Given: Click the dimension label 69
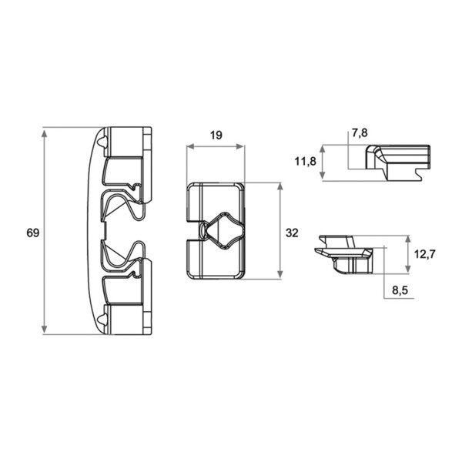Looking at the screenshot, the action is [x=32, y=233].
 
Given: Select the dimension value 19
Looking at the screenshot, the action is [x=216, y=136].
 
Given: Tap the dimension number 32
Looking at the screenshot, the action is [x=292, y=233].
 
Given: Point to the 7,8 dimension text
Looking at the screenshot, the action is [x=360, y=133].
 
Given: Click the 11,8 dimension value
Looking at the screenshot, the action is [x=305, y=161].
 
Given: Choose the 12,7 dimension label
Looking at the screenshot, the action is [x=424, y=253].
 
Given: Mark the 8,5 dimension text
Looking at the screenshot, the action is [x=400, y=290].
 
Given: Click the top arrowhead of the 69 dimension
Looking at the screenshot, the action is [x=44, y=133].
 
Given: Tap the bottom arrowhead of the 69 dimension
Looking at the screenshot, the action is [x=44, y=329].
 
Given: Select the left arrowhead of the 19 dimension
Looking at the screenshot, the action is [x=192, y=146].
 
